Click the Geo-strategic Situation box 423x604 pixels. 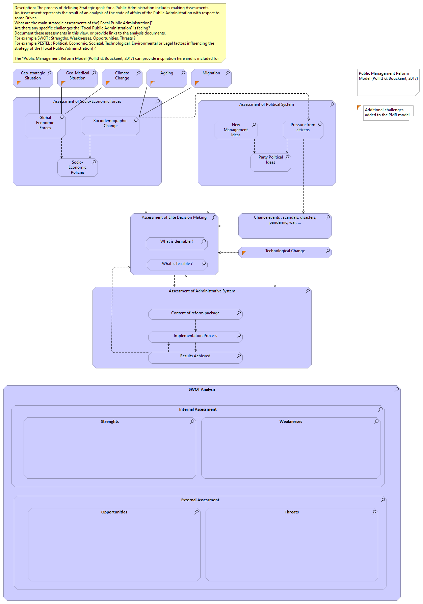[x=33, y=78]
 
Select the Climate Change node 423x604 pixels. [x=122, y=78]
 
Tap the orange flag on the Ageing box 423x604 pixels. [x=152, y=83]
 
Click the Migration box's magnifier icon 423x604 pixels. [x=228, y=73]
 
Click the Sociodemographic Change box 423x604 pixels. [x=110, y=125]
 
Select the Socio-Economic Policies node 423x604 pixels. [x=77, y=167]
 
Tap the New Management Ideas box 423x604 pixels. [x=236, y=130]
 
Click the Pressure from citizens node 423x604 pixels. [x=303, y=130]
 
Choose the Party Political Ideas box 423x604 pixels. [x=270, y=162]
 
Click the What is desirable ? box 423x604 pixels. [x=177, y=243]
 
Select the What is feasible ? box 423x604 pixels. [x=177, y=264]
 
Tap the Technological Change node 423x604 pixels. [x=285, y=252]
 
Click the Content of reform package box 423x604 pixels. [x=195, y=314]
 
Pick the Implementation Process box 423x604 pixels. [x=195, y=337]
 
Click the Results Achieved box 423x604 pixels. [x=195, y=358]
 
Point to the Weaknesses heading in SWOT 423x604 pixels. [x=291, y=421]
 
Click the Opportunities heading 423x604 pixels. [x=114, y=512]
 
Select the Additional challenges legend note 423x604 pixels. [x=388, y=113]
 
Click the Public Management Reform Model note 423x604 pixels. [x=388, y=82]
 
